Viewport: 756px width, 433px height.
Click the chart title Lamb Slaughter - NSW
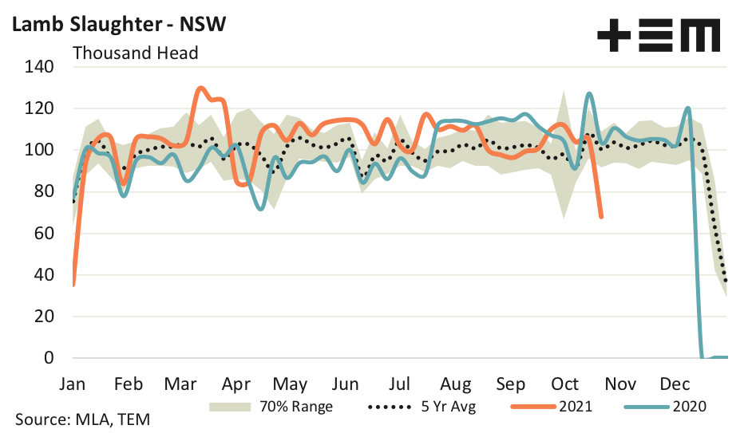tap(117, 24)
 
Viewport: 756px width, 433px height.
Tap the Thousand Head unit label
tap(136, 53)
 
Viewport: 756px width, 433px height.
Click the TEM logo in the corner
tap(659, 35)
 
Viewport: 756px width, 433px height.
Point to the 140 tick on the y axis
tap(40, 67)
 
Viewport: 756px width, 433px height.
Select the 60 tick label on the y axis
tap(44, 234)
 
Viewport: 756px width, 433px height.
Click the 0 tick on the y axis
tap(49, 358)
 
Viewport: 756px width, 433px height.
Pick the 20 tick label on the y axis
tap(44, 317)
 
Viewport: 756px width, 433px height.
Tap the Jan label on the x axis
tap(73, 384)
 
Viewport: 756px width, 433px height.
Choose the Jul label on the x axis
tap(402, 384)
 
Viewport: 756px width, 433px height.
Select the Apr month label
tap(238, 384)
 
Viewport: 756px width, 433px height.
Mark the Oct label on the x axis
tap(567, 384)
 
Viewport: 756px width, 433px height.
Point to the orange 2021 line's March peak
tap(200, 89)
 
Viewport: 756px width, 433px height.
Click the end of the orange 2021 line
tap(601, 216)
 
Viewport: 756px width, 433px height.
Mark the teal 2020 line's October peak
tap(588, 94)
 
